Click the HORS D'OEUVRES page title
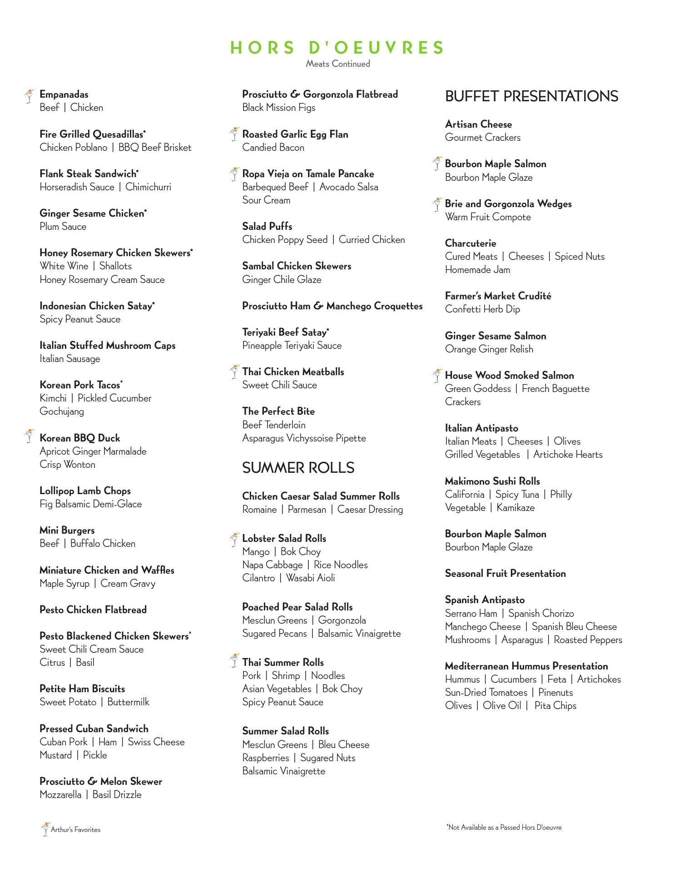click(337, 48)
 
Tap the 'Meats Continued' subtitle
click(337, 64)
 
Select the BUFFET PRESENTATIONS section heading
click(531, 96)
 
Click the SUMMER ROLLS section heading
click(298, 468)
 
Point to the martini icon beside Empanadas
click(30, 96)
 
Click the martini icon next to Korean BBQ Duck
click(30, 436)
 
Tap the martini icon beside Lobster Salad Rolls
click(234, 539)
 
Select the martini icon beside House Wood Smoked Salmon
click(436, 376)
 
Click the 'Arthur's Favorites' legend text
click(75, 830)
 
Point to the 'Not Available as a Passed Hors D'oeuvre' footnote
click(504, 827)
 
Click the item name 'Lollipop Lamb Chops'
click(85, 491)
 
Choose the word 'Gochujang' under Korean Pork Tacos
click(62, 411)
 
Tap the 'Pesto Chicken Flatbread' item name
click(93, 609)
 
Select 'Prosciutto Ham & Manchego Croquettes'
click(332, 306)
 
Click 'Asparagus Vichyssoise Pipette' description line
click(304, 438)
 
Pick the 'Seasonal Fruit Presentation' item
click(505, 574)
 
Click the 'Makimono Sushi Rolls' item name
click(492, 481)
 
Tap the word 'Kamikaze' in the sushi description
click(515, 508)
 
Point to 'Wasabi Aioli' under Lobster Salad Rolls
click(310, 578)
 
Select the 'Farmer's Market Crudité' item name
click(498, 296)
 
